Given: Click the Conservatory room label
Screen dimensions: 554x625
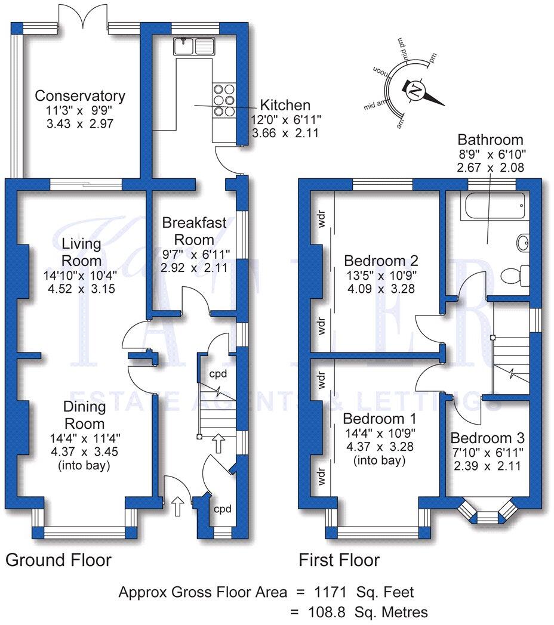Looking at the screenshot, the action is tap(80, 96).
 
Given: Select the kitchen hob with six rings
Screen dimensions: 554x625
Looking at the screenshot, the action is tap(224, 101).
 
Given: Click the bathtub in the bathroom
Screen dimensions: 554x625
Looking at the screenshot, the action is tap(493, 206).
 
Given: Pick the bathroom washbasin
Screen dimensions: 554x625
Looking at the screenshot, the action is tap(522, 242).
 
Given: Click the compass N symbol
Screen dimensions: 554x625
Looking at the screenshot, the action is tap(413, 92).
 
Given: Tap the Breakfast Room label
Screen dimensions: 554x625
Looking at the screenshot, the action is tap(195, 231).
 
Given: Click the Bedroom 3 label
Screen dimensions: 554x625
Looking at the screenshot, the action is tap(485, 438).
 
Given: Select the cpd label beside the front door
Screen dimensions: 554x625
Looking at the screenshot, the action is tap(223, 509).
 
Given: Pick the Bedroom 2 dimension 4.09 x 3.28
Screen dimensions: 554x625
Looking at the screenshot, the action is tap(380, 289).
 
